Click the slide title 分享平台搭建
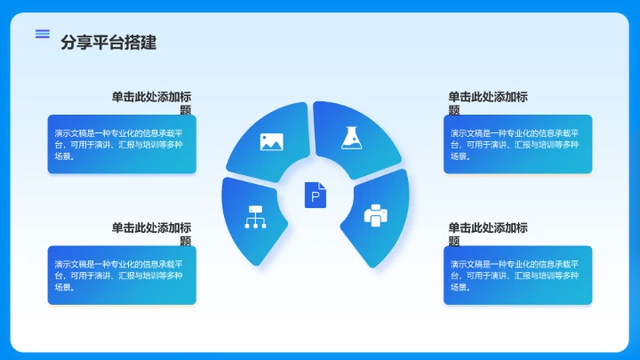point(108,43)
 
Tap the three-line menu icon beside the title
point(42,34)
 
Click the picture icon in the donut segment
point(271,141)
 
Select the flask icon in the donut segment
point(352,137)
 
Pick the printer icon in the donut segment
point(376,215)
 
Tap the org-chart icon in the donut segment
point(256,217)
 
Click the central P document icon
point(316,195)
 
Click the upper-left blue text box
point(122,144)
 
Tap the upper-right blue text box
point(517,144)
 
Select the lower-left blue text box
point(122,275)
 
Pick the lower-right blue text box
point(517,275)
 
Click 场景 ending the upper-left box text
point(62,156)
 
